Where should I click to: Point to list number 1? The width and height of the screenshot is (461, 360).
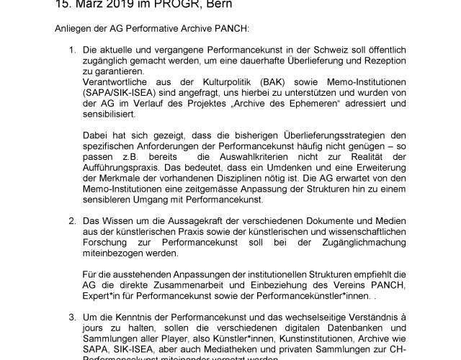pos(71,53)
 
